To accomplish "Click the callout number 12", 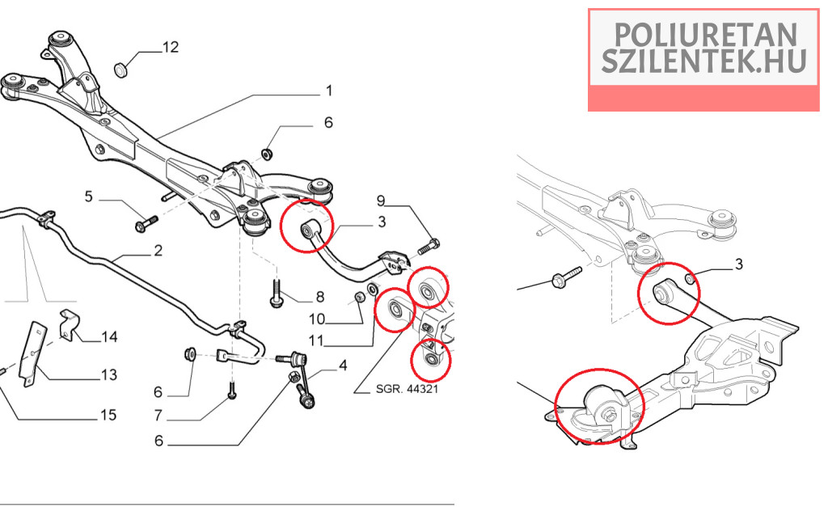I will pyautogui.click(x=170, y=48).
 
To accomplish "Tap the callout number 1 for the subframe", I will pyautogui.click(x=329, y=90).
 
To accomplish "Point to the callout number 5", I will pyautogui.click(x=89, y=196).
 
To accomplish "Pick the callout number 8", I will pyautogui.click(x=320, y=296).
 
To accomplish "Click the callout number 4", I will pyautogui.click(x=343, y=365).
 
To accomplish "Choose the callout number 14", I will pyautogui.click(x=108, y=336).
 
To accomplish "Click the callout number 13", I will pyautogui.click(x=108, y=375).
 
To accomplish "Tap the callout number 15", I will pyautogui.click(x=108, y=415).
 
